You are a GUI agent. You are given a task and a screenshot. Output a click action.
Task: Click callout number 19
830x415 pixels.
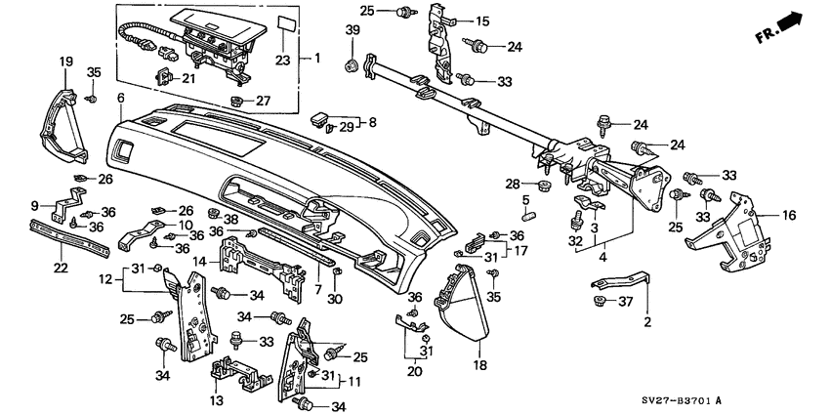click(x=66, y=62)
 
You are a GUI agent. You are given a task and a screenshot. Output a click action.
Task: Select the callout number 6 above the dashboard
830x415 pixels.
click(x=120, y=98)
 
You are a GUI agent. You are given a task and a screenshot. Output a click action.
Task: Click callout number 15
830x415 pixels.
click(x=480, y=21)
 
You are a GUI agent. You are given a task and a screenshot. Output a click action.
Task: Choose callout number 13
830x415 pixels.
click(x=216, y=400)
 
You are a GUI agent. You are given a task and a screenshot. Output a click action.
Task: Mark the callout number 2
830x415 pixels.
click(x=645, y=320)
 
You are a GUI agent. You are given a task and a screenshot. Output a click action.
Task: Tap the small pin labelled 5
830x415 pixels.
click(x=524, y=216)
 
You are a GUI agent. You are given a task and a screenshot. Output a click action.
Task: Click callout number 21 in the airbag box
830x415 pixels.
click(x=188, y=78)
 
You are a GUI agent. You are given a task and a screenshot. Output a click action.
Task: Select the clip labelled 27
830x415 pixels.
click(x=236, y=101)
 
